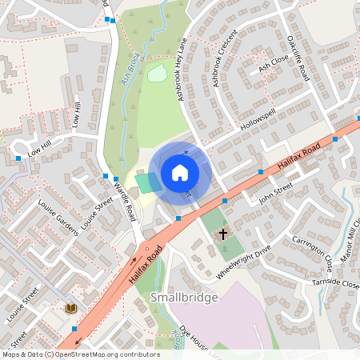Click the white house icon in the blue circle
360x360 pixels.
coord(180,173)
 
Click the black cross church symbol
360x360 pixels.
coord(222,233)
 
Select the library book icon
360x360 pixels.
coord(70,307)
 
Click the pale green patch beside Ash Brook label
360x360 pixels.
coord(157,74)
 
